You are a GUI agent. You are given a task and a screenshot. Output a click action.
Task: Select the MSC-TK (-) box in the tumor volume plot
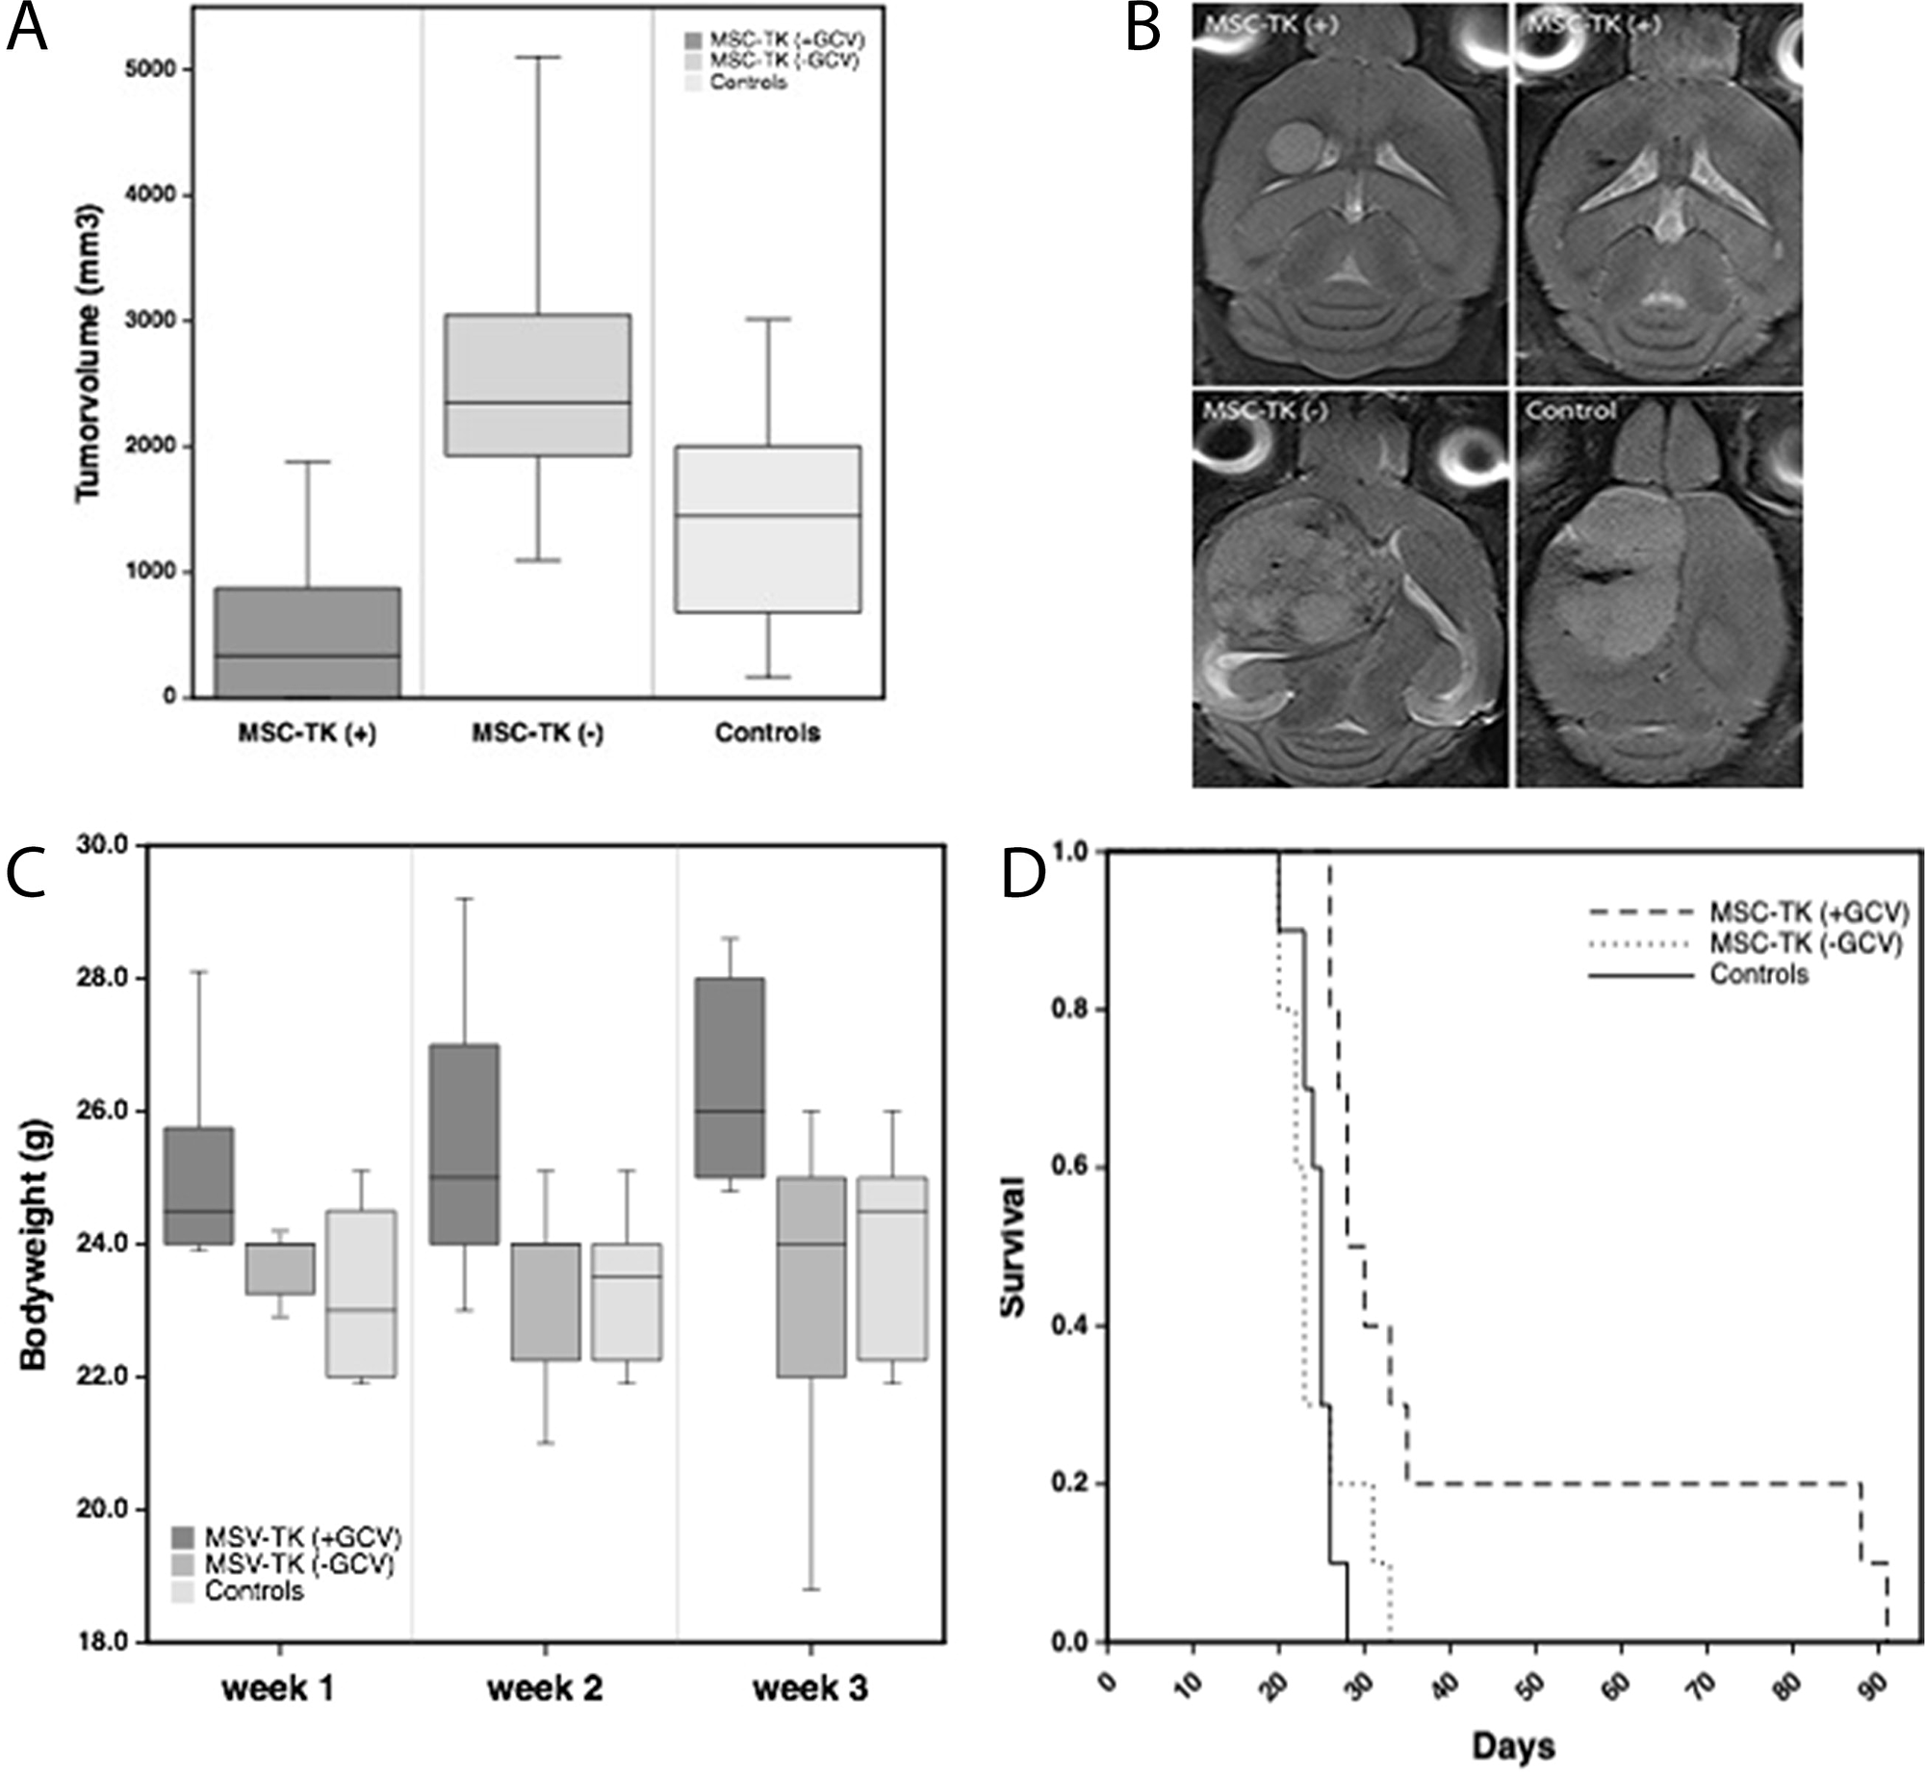click(537, 384)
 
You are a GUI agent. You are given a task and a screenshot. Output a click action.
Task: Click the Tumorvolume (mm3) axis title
click(89, 351)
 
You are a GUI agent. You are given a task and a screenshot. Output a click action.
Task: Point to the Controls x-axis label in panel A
click(767, 733)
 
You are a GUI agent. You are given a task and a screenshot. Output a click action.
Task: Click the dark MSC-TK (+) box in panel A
click(307, 642)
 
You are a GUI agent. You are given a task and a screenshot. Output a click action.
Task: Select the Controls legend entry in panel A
click(748, 83)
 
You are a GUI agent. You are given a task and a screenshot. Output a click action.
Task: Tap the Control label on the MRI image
click(1571, 411)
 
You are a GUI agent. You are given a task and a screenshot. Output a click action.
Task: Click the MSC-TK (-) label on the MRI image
click(1265, 411)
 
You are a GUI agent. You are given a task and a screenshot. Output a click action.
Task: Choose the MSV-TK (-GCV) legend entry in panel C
click(299, 1564)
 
